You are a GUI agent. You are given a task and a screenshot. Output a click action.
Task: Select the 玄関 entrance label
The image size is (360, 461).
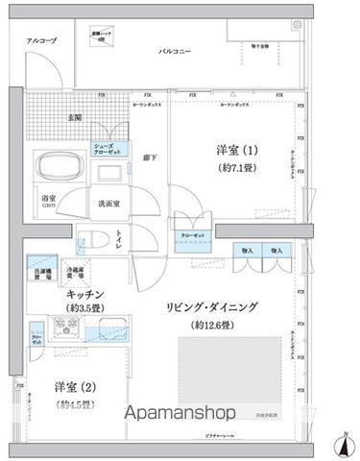tap(74, 117)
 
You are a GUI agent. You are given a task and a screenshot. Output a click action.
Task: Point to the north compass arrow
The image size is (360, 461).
tap(342, 443)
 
